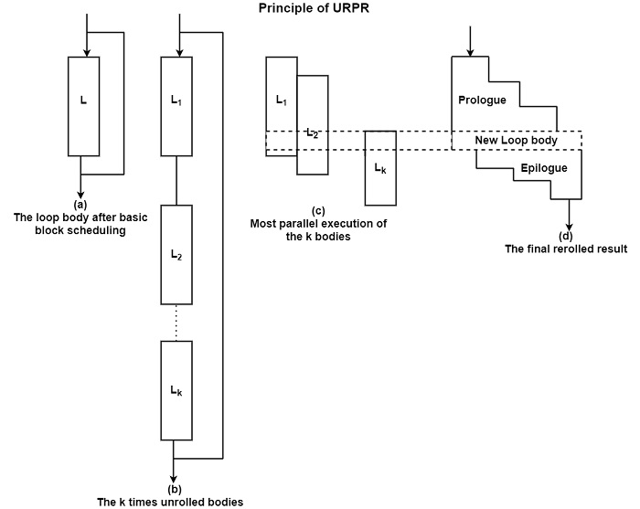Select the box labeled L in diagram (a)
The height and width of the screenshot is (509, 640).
coord(84,106)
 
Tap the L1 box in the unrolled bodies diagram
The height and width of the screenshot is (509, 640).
coord(176,101)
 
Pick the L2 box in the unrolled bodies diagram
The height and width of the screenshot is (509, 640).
coord(176,254)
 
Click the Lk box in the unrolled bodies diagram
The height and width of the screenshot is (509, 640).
coord(176,390)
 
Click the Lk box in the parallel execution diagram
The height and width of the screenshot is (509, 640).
coord(380,167)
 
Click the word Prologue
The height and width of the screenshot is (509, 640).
coord(483,99)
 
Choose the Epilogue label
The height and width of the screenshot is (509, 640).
coord(544,168)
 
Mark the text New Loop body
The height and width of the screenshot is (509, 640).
coord(517,141)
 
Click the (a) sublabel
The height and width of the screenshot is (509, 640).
coord(80,205)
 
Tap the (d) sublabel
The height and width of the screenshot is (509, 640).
coord(565,236)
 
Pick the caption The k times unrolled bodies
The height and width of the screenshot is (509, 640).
coord(170,502)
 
